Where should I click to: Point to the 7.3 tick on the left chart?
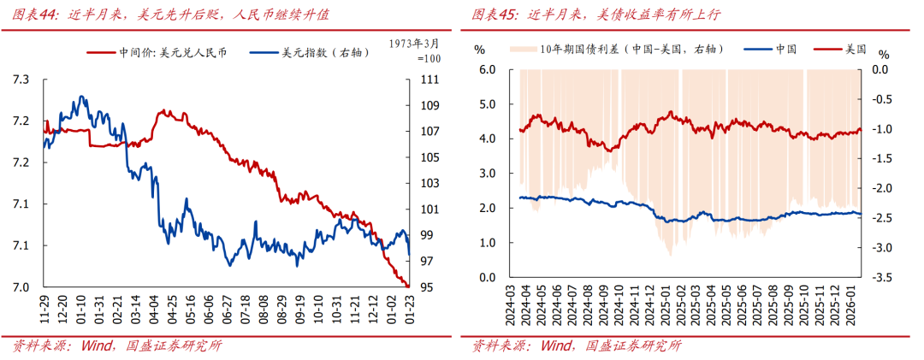pyautogui.click(x=21, y=80)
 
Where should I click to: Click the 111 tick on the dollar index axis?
pyautogui.click(x=429, y=80)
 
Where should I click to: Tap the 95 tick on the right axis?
pyautogui.click(x=426, y=287)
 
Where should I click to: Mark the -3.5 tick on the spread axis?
pyautogui.click(x=883, y=278)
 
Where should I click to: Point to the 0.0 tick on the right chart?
pyautogui.click(x=881, y=69)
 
